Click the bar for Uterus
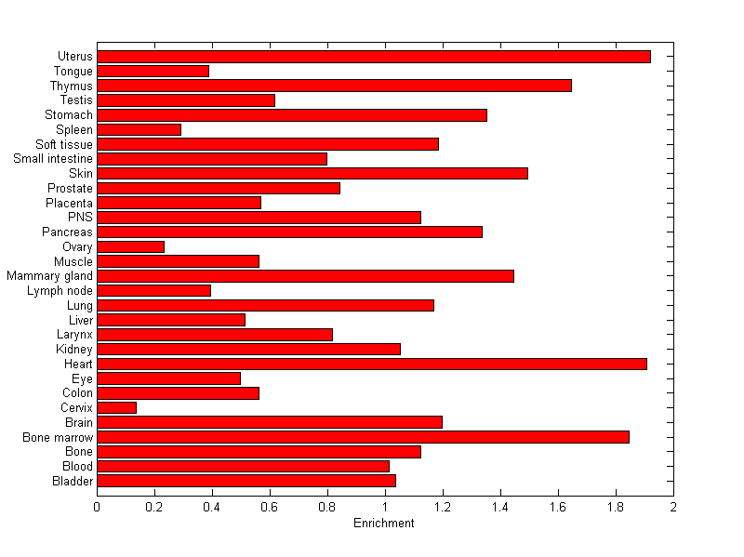tap(374, 57)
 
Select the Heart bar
tap(372, 364)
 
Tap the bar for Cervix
tap(117, 407)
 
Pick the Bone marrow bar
tap(363, 437)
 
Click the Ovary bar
tap(131, 246)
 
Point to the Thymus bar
tap(334, 86)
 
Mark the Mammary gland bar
tap(305, 276)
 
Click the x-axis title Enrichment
tap(384, 524)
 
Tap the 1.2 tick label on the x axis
tap(443, 507)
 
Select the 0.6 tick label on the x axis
tap(270, 507)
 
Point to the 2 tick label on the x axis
tap(672, 507)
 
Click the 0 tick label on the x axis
tap(98, 507)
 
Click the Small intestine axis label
tap(53, 159)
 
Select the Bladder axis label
tap(73, 481)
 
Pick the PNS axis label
tap(81, 218)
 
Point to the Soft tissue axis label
tap(64, 144)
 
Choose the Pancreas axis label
tap(68, 232)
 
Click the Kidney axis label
tap(75, 349)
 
